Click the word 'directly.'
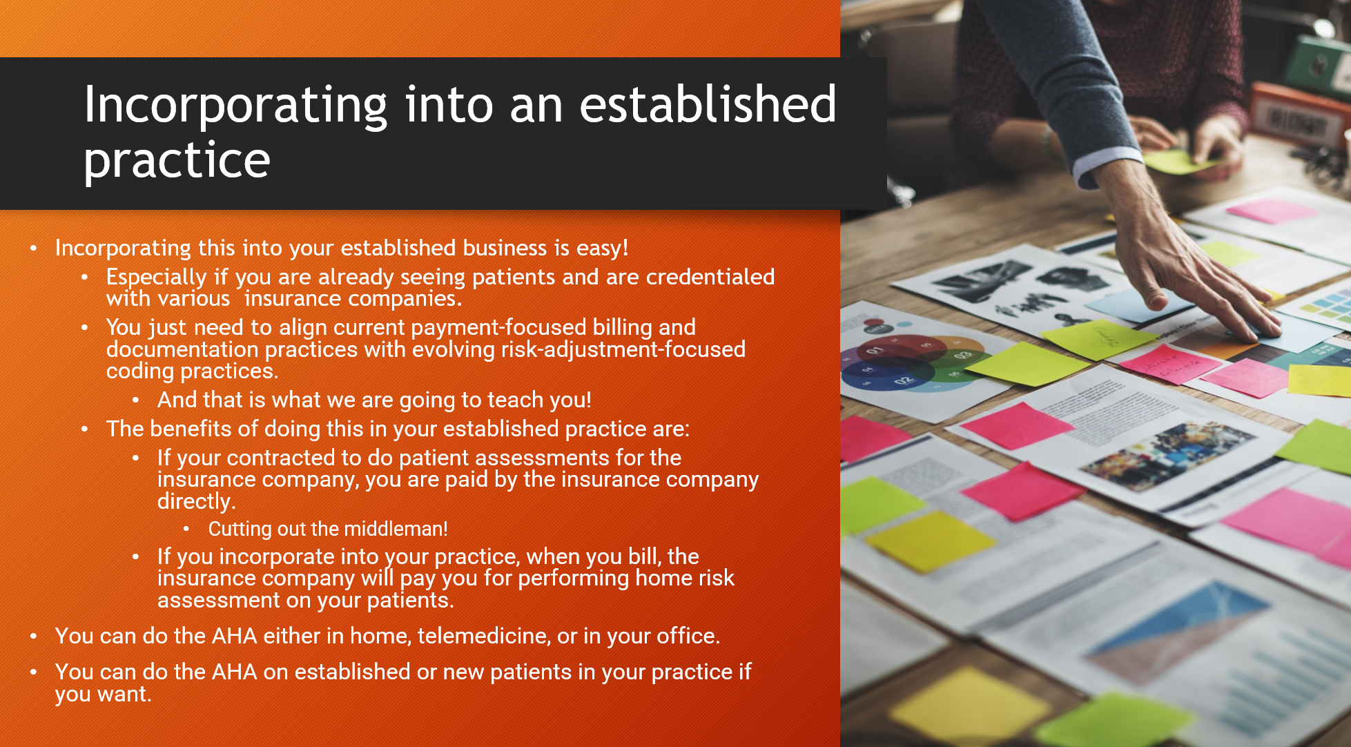[x=197, y=502]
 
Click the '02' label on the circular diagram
[x=903, y=380]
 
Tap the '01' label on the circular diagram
[x=875, y=350]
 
